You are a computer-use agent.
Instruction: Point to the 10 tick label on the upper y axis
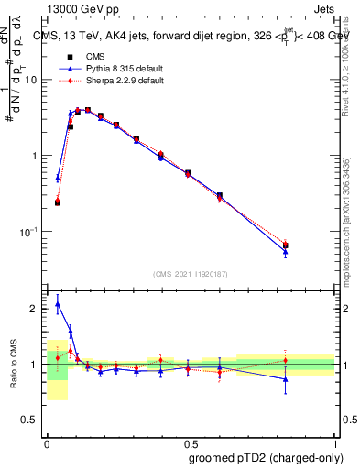click(31, 80)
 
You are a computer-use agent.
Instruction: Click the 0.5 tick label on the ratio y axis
click(32, 421)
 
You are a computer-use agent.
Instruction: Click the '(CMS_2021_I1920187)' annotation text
click(191, 274)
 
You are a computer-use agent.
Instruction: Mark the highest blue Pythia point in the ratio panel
click(58, 304)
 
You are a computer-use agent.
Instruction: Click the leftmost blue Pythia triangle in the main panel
click(58, 179)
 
